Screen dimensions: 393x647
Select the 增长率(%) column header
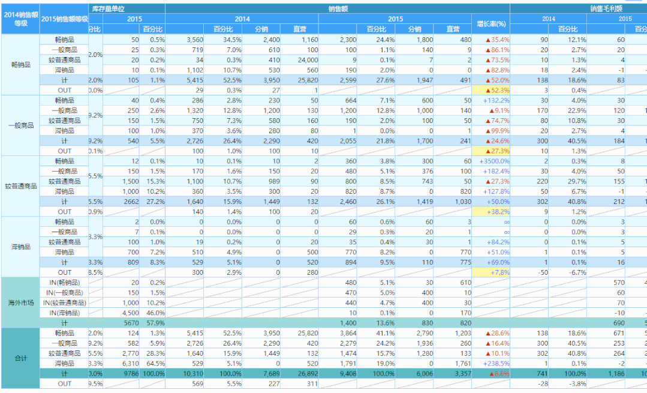point(491,24)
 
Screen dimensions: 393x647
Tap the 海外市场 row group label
point(20,302)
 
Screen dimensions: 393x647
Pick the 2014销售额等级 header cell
point(20,19)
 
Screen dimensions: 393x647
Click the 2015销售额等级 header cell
point(64,19)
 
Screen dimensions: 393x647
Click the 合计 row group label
point(20,358)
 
